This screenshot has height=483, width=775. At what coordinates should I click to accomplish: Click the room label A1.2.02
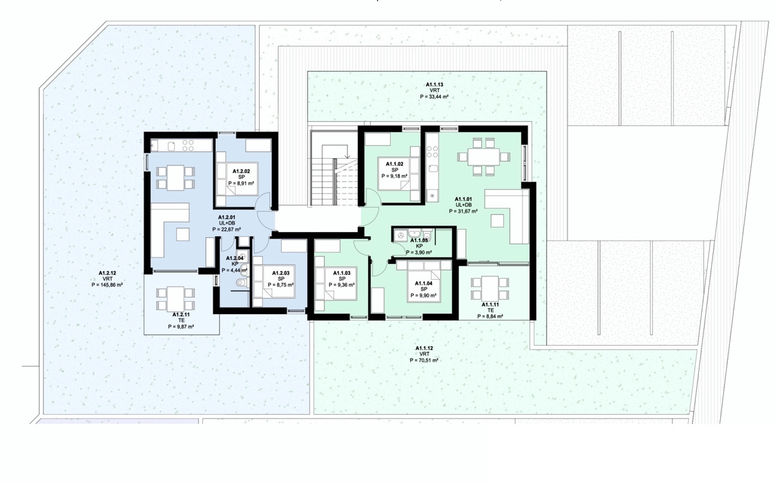point(241,171)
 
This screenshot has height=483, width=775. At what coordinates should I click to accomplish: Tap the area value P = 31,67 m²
point(464,211)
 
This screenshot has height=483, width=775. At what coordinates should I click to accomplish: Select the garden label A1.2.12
point(107,273)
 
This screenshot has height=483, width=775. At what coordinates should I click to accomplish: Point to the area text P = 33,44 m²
point(434,97)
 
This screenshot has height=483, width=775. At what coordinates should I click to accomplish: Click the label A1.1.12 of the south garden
point(424,348)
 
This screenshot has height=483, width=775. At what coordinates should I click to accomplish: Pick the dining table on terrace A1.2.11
point(176,299)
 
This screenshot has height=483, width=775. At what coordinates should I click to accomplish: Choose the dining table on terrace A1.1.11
point(490,288)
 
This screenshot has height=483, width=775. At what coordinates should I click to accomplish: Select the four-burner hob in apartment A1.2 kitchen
point(188,145)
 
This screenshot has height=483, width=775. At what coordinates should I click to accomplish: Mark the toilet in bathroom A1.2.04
point(242,283)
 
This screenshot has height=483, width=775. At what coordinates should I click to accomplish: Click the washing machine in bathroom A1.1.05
point(401,235)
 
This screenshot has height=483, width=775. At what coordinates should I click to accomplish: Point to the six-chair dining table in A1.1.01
point(484,157)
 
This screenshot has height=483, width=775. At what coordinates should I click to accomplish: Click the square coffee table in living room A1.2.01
point(183,234)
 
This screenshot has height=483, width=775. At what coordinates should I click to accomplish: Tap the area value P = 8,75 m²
point(280,285)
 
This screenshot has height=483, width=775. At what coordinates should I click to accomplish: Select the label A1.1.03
point(342,273)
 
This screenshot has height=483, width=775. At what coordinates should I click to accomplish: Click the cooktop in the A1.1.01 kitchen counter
point(433,152)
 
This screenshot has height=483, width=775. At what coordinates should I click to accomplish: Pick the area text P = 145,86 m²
point(107,285)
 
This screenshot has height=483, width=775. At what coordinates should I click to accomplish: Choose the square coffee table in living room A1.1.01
point(497,221)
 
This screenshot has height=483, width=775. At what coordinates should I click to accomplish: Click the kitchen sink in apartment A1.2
point(171,146)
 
